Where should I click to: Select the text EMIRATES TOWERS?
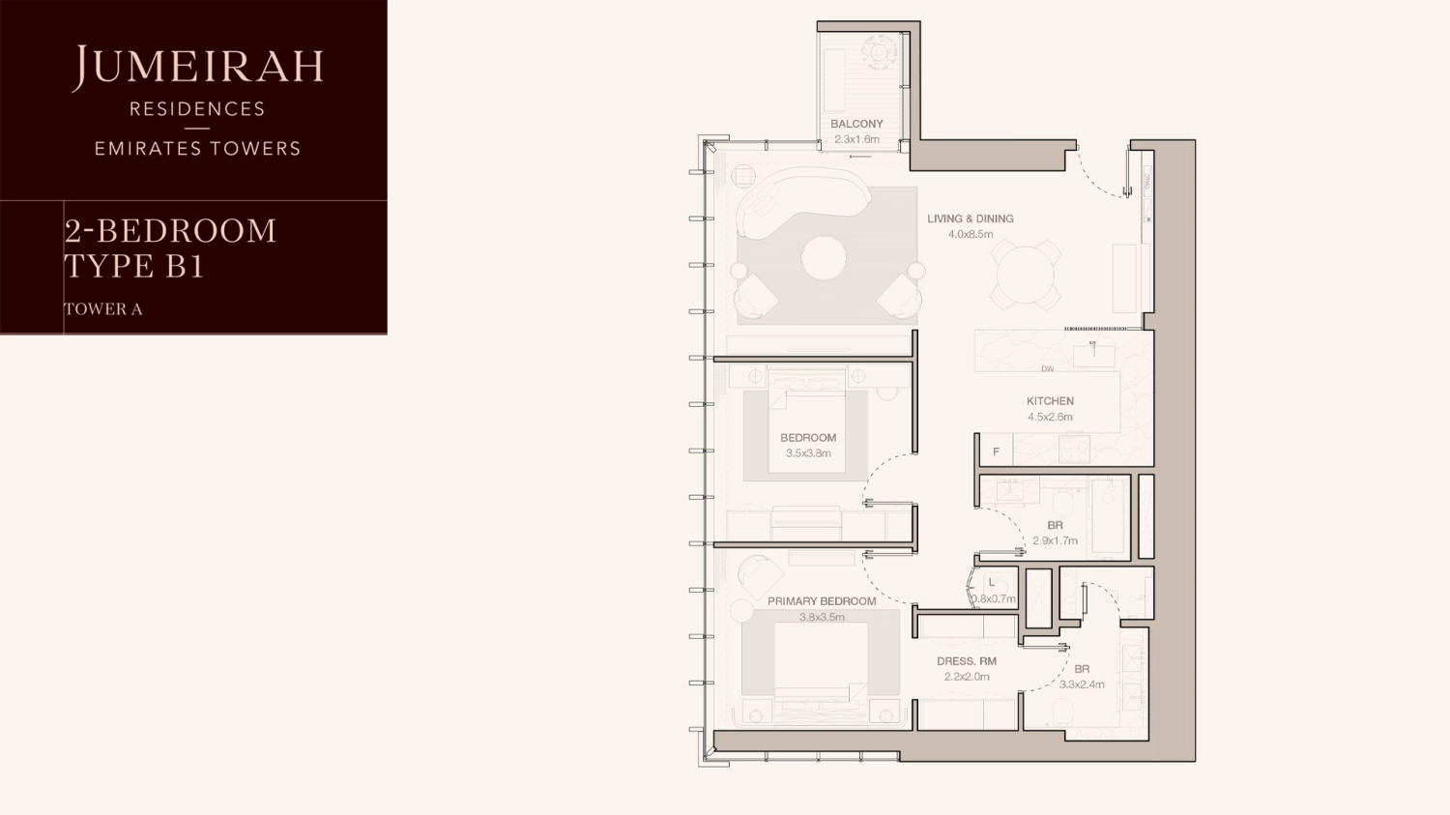pyautogui.click(x=197, y=149)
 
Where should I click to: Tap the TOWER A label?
pyautogui.click(x=103, y=309)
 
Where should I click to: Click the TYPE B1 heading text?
pyautogui.click(x=134, y=266)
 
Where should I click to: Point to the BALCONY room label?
pyautogui.click(x=856, y=124)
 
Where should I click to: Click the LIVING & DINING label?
pyautogui.click(x=971, y=218)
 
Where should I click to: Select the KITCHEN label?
pyautogui.click(x=1050, y=401)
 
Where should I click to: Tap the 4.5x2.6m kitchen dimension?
pyautogui.click(x=1050, y=418)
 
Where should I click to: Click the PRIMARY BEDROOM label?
pyautogui.click(x=822, y=601)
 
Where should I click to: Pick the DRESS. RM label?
pyautogui.click(x=967, y=661)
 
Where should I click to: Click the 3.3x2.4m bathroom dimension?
pyautogui.click(x=1082, y=684)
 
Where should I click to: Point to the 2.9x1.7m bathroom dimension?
pyautogui.click(x=1055, y=541)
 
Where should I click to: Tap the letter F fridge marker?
pyautogui.click(x=996, y=451)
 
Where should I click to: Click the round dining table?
pyautogui.click(x=1025, y=275)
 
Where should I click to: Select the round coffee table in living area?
pyautogui.click(x=824, y=258)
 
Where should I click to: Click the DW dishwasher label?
pyautogui.click(x=1048, y=369)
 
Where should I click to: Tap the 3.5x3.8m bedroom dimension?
pyautogui.click(x=808, y=453)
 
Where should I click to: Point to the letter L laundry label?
pyautogui.click(x=991, y=583)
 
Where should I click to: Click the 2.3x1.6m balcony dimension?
pyautogui.click(x=856, y=140)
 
